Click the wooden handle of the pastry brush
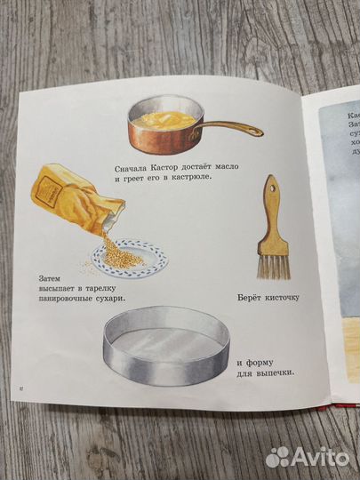[x=269, y=201]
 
